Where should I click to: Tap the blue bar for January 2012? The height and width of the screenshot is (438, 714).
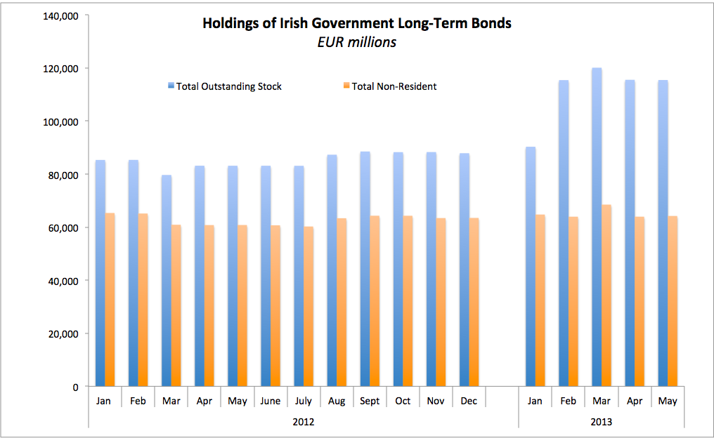tap(100, 273)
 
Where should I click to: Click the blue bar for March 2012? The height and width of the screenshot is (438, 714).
tap(167, 281)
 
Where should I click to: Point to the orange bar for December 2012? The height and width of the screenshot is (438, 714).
tap(474, 302)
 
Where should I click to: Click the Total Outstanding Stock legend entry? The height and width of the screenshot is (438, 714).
tap(224, 86)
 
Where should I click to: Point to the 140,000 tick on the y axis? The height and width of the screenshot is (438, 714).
tap(60, 15)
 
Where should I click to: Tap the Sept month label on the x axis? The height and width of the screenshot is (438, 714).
tap(370, 401)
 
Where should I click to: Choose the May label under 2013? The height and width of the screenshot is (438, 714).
tap(668, 401)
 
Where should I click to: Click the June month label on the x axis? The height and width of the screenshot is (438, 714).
tap(271, 401)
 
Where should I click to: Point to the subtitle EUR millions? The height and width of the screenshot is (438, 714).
tap(356, 42)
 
